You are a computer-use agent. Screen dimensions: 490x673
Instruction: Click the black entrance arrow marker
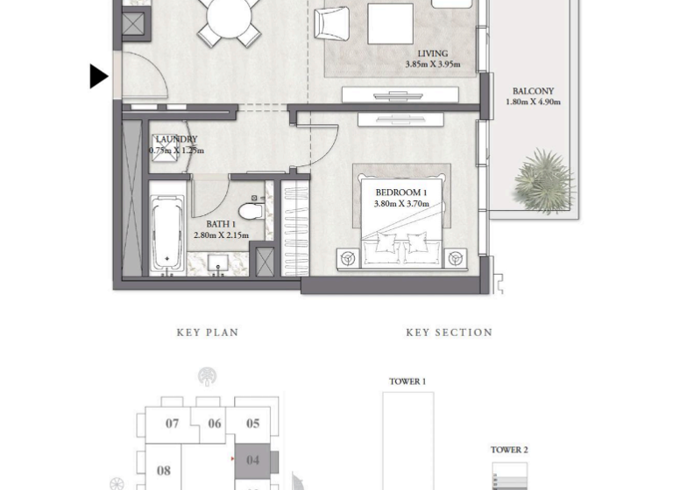tap(98, 76)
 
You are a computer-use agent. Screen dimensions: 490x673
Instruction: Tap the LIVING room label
tap(432, 53)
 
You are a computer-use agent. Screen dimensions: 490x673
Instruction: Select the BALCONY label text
tap(533, 91)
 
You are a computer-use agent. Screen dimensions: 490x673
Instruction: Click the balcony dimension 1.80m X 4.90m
tap(533, 102)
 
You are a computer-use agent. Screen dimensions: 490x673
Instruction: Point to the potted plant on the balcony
tap(544, 181)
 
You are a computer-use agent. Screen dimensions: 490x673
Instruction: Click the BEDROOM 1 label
tap(401, 192)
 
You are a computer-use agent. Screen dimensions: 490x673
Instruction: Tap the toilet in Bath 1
tap(251, 210)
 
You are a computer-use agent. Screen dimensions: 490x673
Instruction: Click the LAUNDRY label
tap(176, 139)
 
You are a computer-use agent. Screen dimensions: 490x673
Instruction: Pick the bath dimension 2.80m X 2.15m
tap(221, 235)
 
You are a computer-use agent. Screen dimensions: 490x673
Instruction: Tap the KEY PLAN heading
tap(208, 332)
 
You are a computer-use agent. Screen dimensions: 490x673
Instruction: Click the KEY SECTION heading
tap(449, 332)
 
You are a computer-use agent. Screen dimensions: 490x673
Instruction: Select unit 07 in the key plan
tap(172, 423)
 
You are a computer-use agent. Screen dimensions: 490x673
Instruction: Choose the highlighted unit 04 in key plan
tap(253, 460)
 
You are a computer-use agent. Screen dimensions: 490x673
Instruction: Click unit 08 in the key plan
tap(163, 471)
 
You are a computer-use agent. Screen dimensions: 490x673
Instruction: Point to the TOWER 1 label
tap(407, 381)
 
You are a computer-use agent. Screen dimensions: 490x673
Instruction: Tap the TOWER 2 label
tap(509, 450)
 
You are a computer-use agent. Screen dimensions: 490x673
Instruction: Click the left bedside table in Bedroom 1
tap(348, 258)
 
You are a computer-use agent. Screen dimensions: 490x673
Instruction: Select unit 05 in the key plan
tap(252, 423)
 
